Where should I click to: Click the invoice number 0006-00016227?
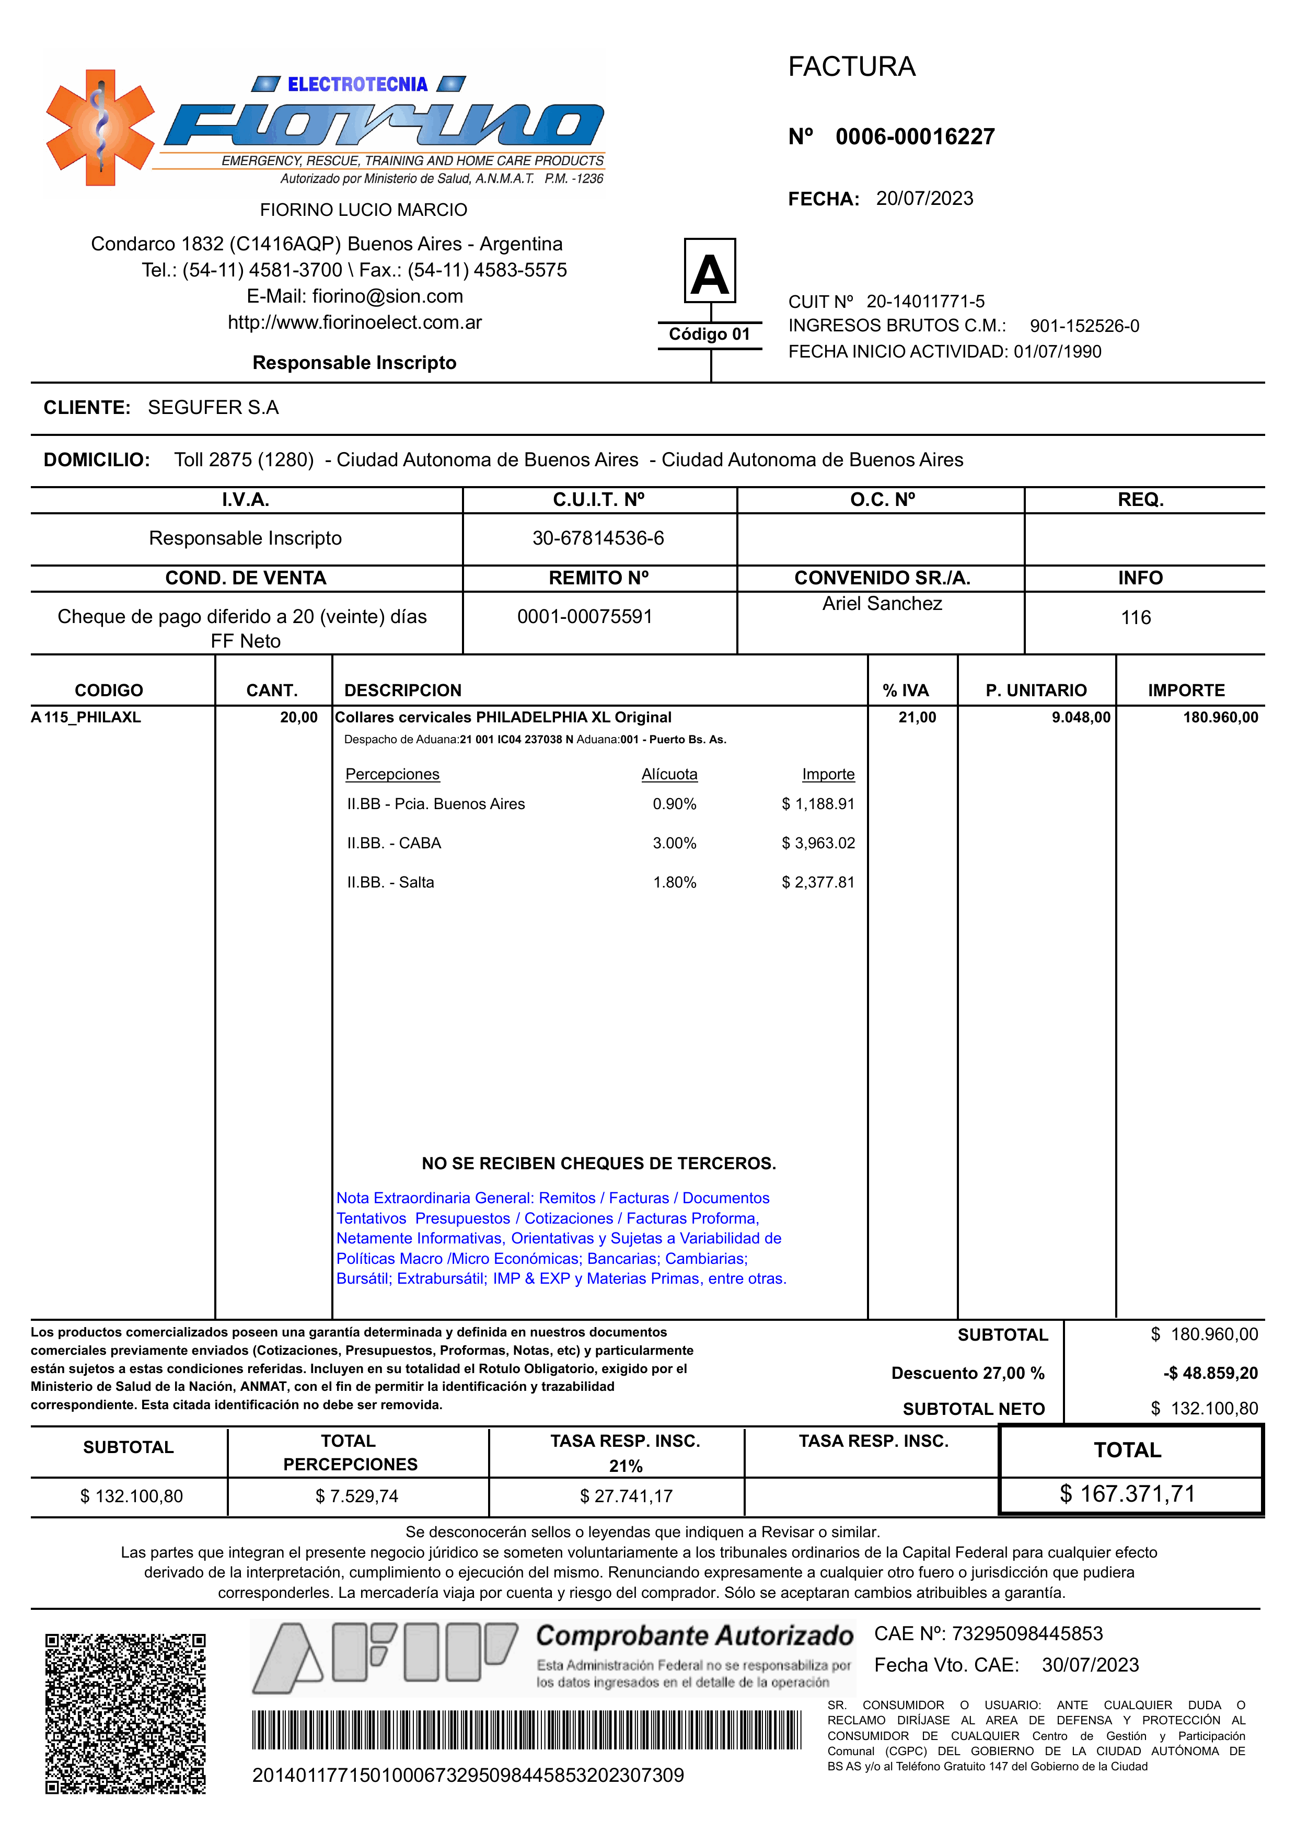[x=915, y=136]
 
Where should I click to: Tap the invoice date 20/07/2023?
[x=924, y=198]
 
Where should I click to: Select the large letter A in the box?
[x=710, y=274]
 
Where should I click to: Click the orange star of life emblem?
[x=100, y=128]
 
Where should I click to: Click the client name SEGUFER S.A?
[x=213, y=407]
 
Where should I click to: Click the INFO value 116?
[x=1135, y=617]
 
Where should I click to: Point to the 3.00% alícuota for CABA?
[x=674, y=843]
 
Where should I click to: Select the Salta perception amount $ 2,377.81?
[x=818, y=882]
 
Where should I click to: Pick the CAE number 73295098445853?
[x=1027, y=1633]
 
